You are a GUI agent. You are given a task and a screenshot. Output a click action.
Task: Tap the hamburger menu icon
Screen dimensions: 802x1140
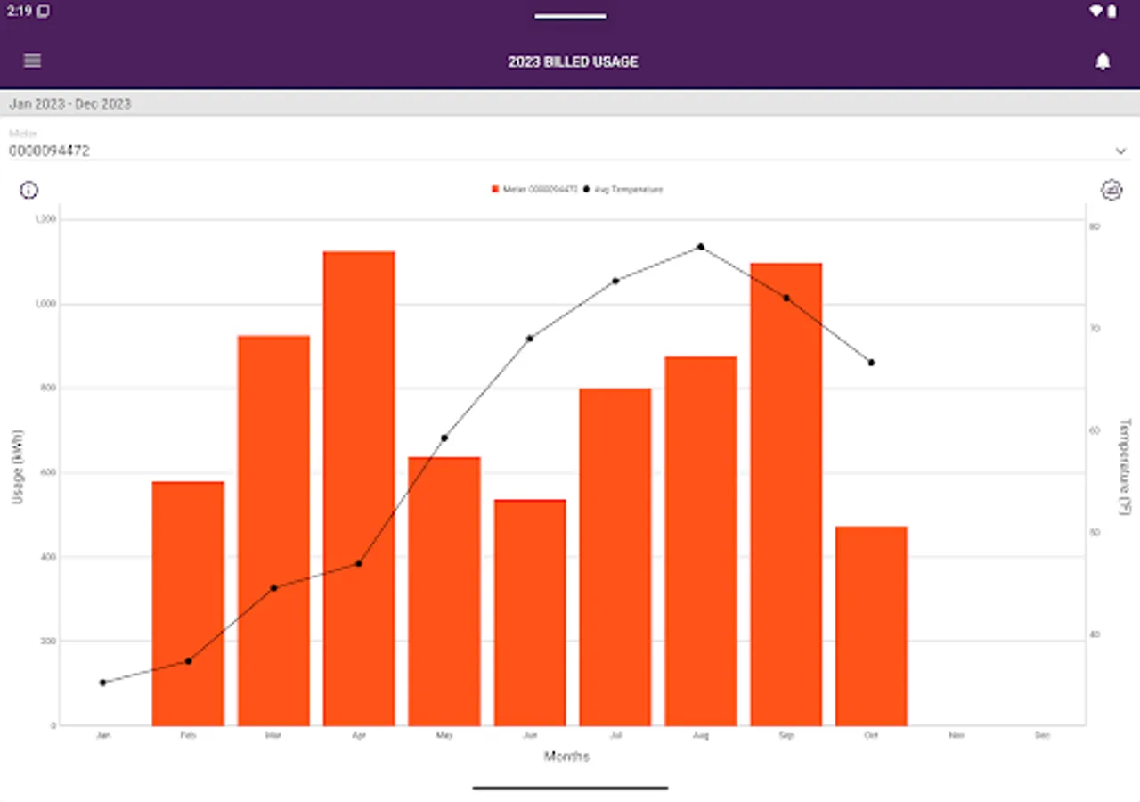(x=33, y=61)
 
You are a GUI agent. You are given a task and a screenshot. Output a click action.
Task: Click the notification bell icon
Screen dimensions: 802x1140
(x=1103, y=61)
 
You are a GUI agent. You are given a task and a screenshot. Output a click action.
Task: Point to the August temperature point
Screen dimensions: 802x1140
(x=701, y=247)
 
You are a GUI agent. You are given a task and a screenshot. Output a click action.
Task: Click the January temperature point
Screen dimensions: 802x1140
(x=102, y=683)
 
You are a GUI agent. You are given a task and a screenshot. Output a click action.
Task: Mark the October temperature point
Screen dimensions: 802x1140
(x=871, y=363)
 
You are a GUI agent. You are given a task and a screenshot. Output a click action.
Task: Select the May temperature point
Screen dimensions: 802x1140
(x=444, y=438)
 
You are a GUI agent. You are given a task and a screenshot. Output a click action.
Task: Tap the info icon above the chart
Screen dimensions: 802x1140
(x=29, y=190)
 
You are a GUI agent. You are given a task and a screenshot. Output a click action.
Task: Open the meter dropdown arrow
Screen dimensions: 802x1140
(x=1120, y=151)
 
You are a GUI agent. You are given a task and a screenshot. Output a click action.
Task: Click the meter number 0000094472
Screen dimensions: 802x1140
(x=50, y=151)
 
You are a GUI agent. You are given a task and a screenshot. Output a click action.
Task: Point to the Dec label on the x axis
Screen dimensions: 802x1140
(x=1042, y=736)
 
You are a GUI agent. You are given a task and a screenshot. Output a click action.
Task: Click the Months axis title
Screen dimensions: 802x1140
(x=566, y=757)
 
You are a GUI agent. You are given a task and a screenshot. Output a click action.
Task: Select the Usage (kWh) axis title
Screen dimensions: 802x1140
(x=18, y=467)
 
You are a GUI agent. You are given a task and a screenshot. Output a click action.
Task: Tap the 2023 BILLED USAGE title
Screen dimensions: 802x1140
(x=573, y=61)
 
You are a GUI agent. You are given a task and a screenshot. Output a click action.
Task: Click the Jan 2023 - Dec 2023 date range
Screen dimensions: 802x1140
(x=70, y=103)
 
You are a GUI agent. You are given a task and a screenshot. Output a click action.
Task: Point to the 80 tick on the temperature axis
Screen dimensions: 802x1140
(x=1095, y=226)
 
